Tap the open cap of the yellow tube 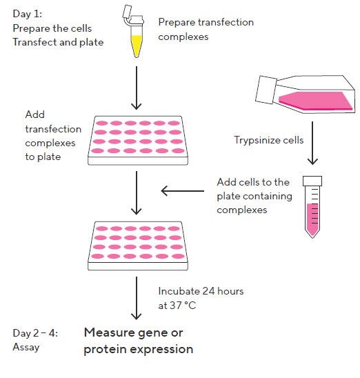(x=127, y=12)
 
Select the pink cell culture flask (x=305, y=94)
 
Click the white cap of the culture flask (x=266, y=90)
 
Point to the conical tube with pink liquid (x=312, y=207)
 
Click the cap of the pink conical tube (x=312, y=181)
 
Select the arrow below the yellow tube (x=137, y=88)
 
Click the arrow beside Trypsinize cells (x=312, y=143)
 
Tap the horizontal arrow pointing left (x=182, y=191)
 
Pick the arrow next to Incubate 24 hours (x=137, y=298)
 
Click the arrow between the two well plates (x=137, y=193)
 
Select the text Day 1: (x=27, y=14)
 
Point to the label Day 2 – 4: (x=35, y=333)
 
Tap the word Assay (x=26, y=347)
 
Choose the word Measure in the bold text (x=111, y=332)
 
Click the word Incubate (x=179, y=291)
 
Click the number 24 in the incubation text (x=208, y=291)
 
